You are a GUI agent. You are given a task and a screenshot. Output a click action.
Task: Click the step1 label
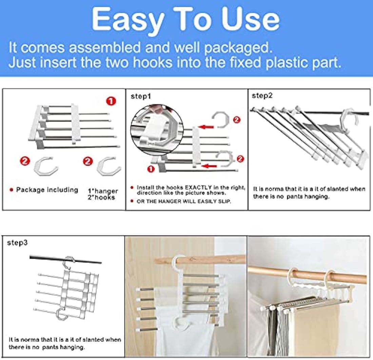click(x=141, y=96)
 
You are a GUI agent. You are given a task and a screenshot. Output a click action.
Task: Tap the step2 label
click(x=262, y=96)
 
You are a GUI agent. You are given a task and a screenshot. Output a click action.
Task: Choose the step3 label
click(x=17, y=242)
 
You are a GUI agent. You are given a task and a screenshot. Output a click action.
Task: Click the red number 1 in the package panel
click(x=111, y=101)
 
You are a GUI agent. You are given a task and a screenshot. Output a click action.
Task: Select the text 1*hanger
click(x=103, y=191)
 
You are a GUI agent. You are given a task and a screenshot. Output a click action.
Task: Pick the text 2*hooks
click(x=101, y=197)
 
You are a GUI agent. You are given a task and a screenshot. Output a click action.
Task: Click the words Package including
click(x=47, y=190)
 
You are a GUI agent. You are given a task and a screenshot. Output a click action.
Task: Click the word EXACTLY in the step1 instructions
click(x=198, y=187)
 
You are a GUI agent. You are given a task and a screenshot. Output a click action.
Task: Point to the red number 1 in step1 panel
click(x=151, y=169)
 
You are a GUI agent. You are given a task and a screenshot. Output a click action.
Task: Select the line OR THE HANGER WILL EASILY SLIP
click(x=184, y=201)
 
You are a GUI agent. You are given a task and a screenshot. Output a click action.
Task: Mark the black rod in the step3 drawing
click(x=66, y=259)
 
